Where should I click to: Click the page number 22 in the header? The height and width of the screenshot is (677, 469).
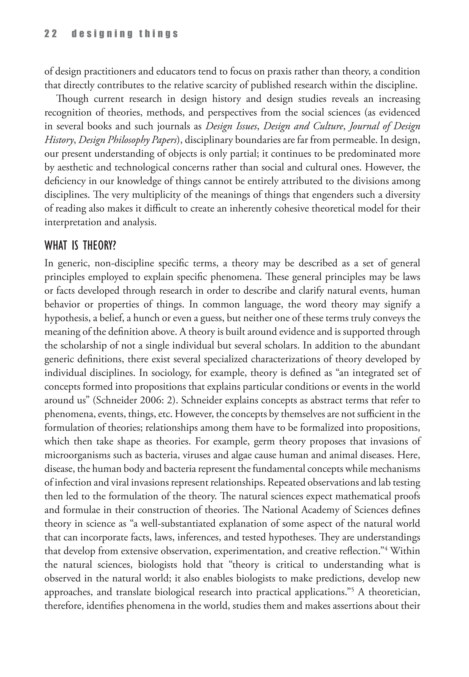[x=51, y=34]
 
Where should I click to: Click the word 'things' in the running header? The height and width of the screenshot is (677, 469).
[x=159, y=34]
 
